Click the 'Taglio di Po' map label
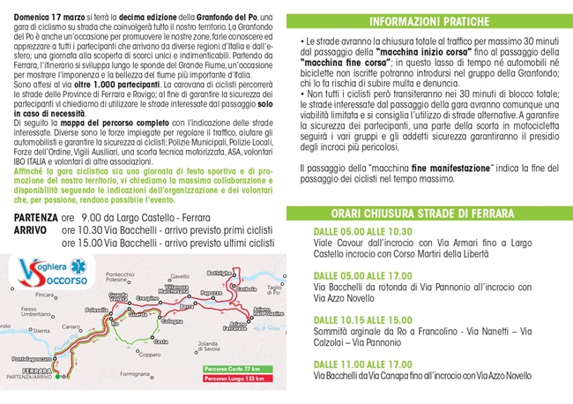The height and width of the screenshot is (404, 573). [x=273, y=288]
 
